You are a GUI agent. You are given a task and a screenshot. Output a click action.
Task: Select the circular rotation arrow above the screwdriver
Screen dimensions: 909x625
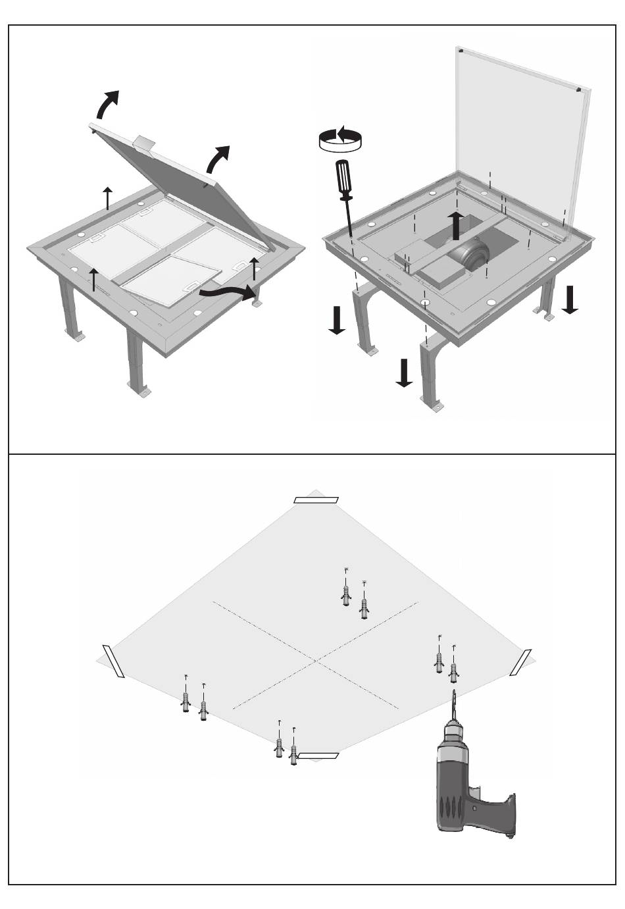339,138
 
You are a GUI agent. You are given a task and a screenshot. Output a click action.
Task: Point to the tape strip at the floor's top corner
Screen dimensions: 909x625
316,500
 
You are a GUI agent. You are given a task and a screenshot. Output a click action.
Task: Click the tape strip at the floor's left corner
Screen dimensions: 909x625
113,661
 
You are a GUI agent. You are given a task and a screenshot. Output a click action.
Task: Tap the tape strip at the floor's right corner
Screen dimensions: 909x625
521,662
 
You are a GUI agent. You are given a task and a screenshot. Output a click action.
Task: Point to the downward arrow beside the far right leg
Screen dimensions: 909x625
570,300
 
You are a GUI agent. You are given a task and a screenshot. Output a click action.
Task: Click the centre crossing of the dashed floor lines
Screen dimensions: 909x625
316,659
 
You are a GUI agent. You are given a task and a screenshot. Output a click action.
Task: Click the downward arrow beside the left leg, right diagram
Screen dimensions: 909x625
337,321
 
